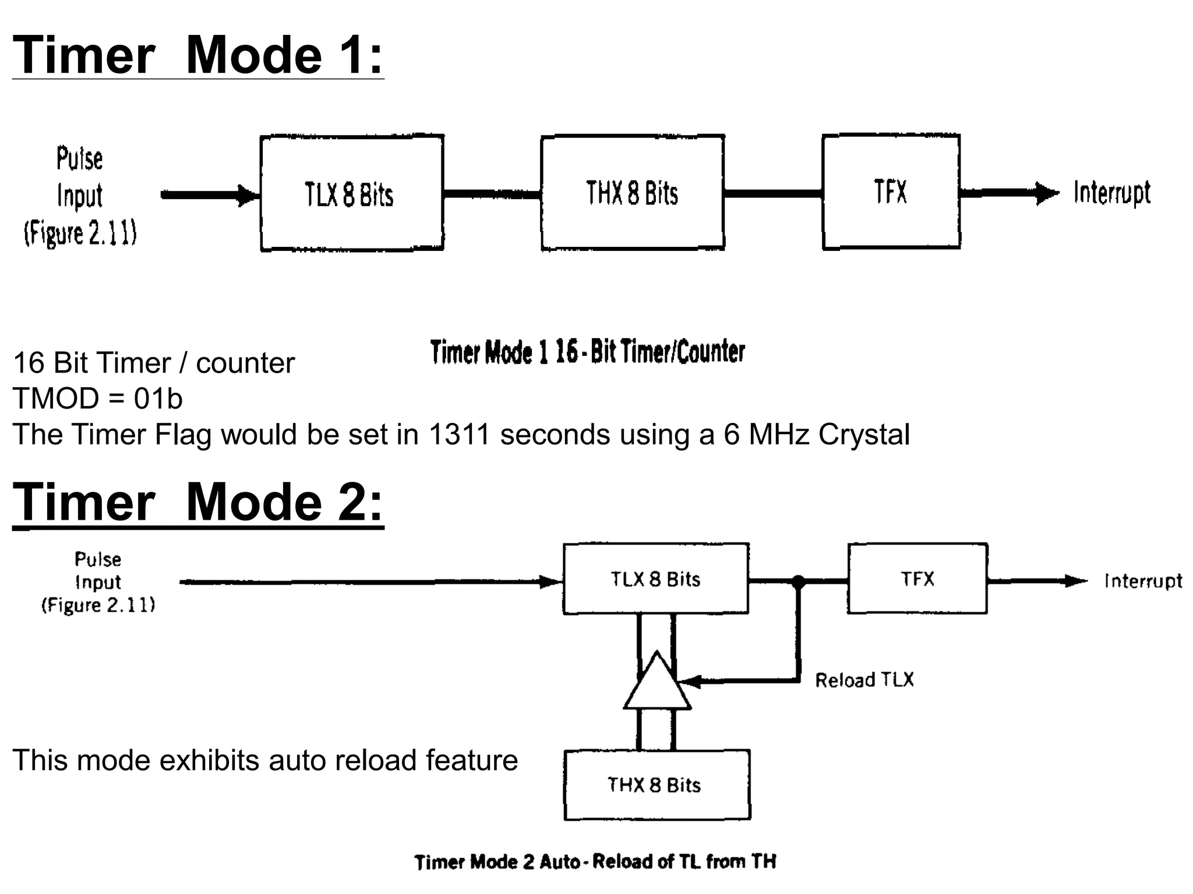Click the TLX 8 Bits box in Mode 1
pos(351,193)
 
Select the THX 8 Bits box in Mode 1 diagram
pos(633,193)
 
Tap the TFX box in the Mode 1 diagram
pos(891,192)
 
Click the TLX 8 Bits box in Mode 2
pos(655,579)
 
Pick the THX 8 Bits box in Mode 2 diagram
pos(656,785)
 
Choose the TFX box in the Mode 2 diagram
pos(917,579)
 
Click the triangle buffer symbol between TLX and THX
pos(657,684)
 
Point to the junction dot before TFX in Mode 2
pos(798,581)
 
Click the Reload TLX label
pos(864,680)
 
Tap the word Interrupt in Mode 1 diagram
pos(1111,193)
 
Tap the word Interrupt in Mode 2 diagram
pos(1143,581)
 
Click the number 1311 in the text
pos(458,434)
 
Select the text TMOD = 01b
pos(97,399)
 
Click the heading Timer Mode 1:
pos(197,55)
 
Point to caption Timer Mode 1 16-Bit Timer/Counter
pos(587,352)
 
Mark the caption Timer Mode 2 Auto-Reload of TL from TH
pos(595,861)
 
